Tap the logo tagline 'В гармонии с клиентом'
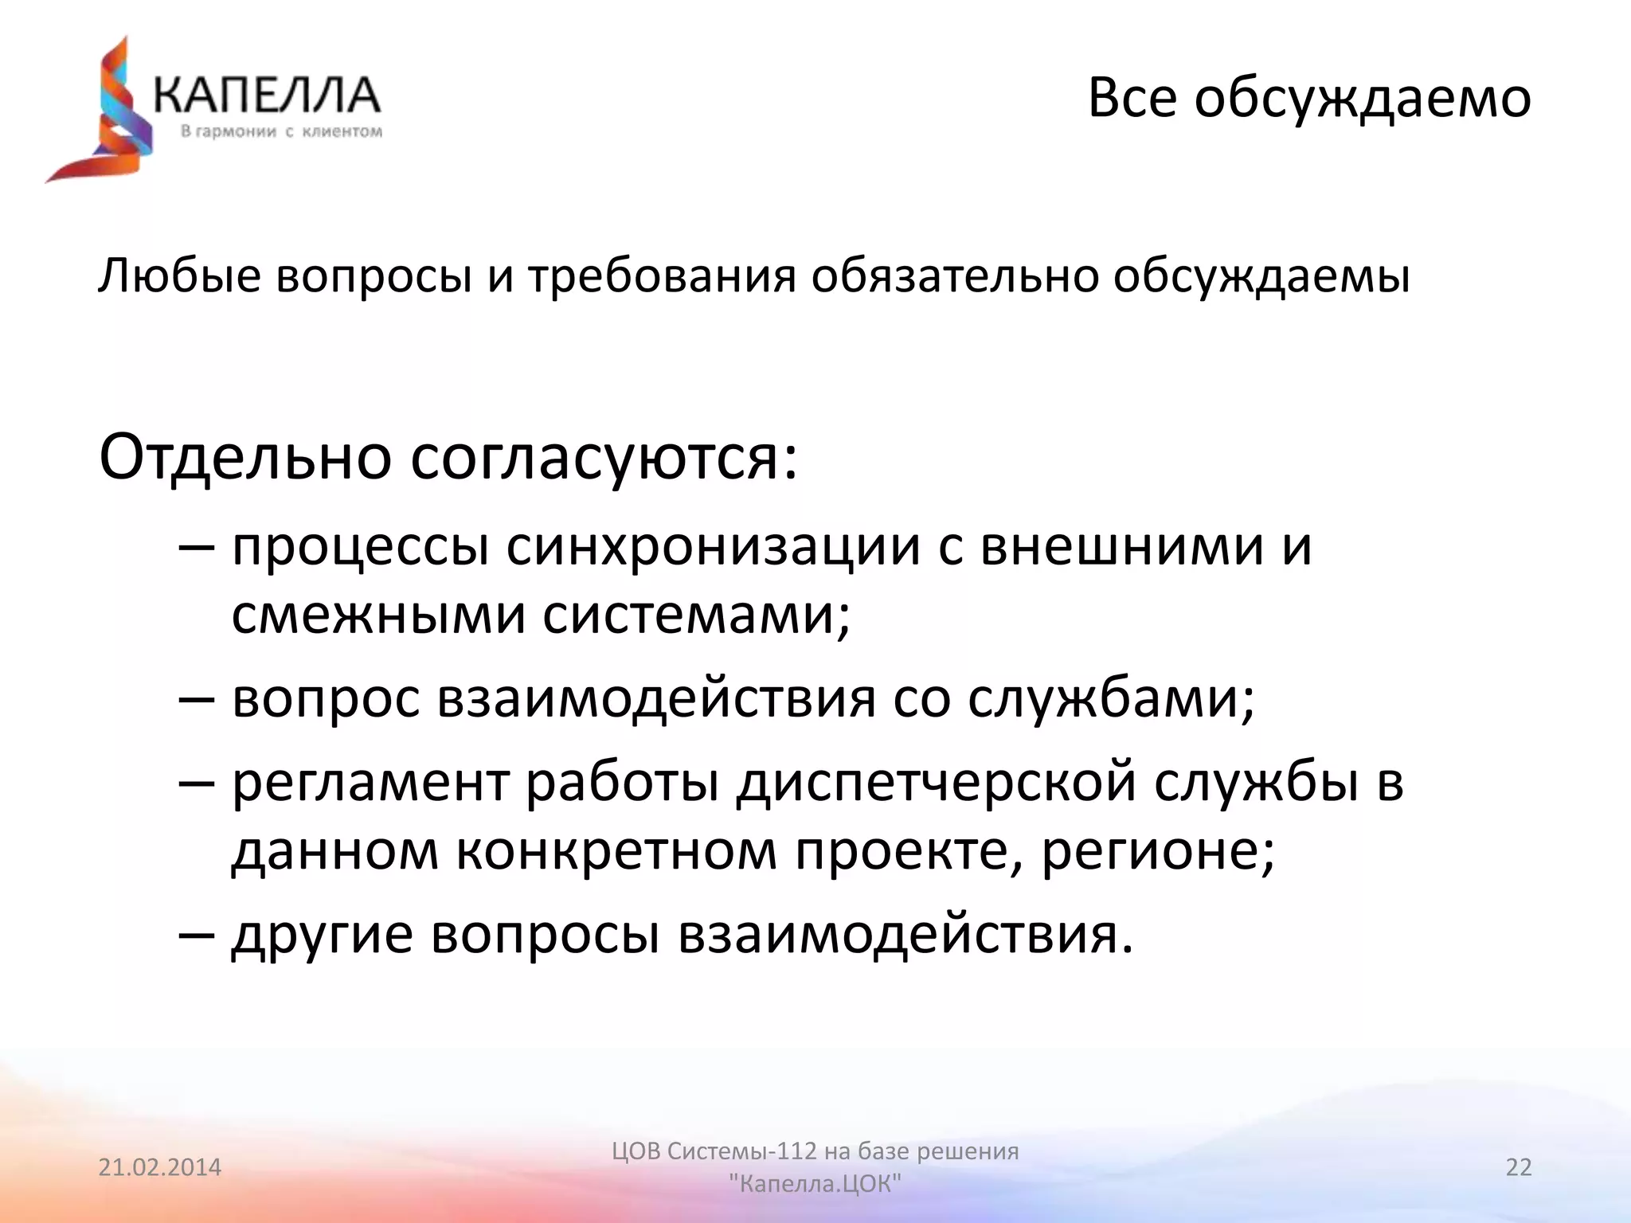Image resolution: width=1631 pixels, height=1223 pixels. [281, 131]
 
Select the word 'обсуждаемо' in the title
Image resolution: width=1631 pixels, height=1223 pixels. [1363, 99]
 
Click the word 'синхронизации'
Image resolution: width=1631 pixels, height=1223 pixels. [713, 548]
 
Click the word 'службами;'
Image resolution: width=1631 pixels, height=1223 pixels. [1112, 699]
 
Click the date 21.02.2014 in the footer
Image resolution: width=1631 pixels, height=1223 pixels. [160, 1167]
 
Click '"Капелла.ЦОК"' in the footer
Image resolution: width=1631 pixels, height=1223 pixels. [815, 1184]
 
